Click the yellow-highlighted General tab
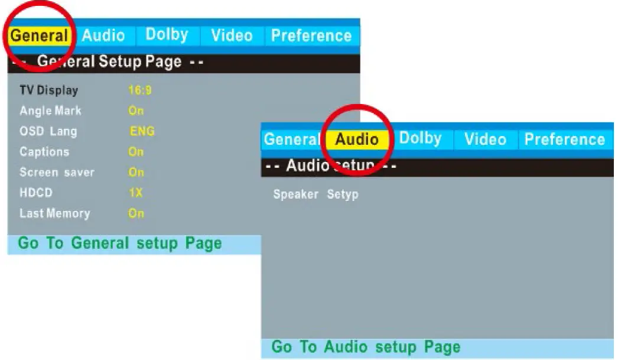point(39,36)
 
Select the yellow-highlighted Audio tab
point(357,140)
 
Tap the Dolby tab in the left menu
point(167,35)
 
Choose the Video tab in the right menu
point(484,140)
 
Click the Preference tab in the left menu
point(311,36)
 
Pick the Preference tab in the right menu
point(564,140)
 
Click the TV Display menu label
point(48,90)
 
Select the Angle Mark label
point(50,111)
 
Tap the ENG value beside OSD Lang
point(142,131)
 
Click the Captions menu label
point(44,152)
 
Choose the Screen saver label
point(57,173)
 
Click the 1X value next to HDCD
point(136,193)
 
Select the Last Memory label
point(54,213)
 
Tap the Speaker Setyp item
point(315,194)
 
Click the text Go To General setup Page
point(120,244)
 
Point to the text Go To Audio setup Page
point(366,346)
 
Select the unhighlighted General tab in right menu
point(291,140)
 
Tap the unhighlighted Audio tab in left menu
point(103,36)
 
